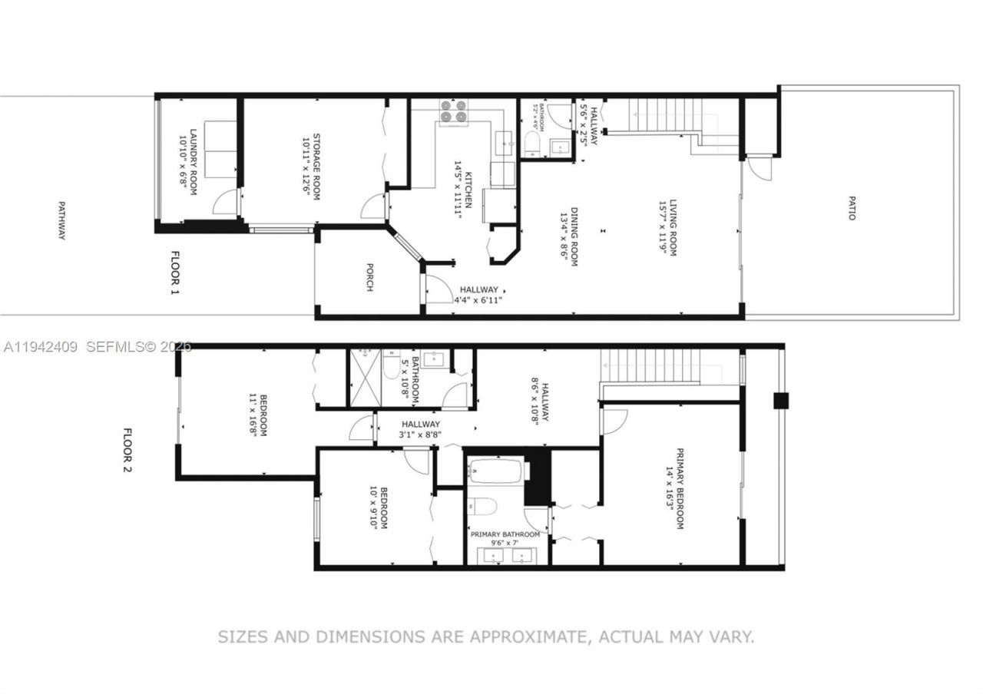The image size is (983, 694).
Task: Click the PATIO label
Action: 851,212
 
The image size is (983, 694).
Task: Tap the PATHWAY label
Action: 61,220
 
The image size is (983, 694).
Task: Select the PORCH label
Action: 369,278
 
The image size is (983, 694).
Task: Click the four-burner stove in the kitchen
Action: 452,112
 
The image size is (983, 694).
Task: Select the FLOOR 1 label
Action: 174,273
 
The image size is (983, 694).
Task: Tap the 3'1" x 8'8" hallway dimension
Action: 420,435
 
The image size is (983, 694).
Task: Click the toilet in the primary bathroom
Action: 482,507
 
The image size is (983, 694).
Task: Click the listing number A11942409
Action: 40,347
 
